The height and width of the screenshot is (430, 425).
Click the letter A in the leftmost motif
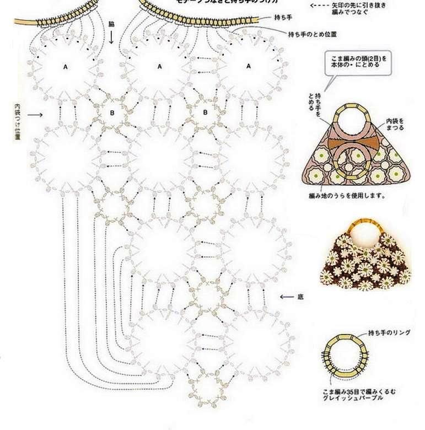coord(65,67)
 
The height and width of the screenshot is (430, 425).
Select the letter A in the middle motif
coord(160,67)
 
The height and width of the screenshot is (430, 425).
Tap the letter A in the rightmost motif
coord(249,66)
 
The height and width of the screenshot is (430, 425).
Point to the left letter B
coord(112,113)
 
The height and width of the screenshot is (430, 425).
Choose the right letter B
coord(205,113)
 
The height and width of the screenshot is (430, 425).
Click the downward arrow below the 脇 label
coord(112,37)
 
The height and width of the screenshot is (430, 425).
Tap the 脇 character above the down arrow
coord(112,25)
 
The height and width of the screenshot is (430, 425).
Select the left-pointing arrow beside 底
coord(287,297)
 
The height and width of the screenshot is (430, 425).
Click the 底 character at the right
coord(300,297)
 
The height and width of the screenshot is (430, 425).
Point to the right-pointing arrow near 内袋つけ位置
coord(35,115)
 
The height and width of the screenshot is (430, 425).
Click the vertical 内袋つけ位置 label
coord(17,121)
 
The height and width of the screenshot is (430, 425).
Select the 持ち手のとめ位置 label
coord(313,34)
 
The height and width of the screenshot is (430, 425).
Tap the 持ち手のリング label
coord(389,334)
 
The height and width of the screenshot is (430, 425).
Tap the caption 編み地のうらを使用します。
coord(347,195)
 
